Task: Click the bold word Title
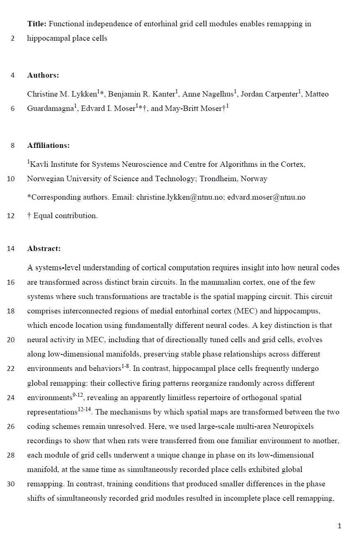pos(37,24)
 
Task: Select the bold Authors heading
pos(43,75)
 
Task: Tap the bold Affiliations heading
pos(48,145)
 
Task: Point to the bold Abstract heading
pos(44,249)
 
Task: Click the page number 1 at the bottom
pos(339,526)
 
